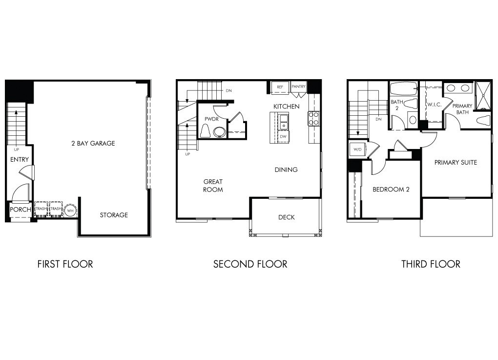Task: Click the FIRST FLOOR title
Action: [65, 264]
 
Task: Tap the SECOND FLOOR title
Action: [250, 264]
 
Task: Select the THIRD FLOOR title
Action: [431, 264]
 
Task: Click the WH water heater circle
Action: [71, 210]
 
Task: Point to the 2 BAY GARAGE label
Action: [92, 144]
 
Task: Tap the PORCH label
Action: [21, 210]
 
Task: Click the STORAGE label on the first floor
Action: [114, 215]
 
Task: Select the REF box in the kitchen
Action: [280, 87]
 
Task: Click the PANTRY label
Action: [298, 87]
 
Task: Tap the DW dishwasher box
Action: [283, 137]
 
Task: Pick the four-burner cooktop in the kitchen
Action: [313, 118]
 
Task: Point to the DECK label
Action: [286, 217]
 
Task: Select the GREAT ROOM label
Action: [213, 186]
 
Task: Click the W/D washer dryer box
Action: [357, 149]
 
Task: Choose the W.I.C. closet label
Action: [435, 105]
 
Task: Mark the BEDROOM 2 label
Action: [391, 190]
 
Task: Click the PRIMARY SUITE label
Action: [456, 162]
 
